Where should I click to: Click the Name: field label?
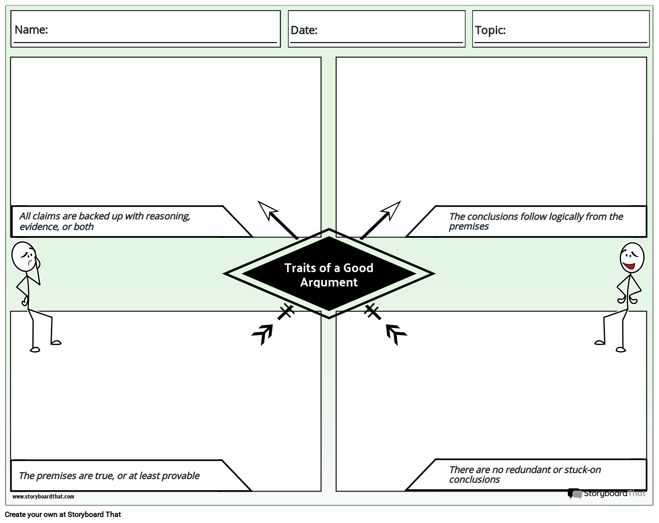(31, 30)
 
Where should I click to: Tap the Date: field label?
(304, 30)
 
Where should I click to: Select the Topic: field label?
(490, 30)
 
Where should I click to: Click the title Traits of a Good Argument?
(329, 275)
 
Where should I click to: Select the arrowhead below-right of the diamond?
(395, 333)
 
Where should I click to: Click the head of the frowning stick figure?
(24, 257)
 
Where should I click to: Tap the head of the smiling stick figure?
(631, 258)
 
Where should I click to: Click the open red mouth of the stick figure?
(629, 266)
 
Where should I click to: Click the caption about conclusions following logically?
(536, 221)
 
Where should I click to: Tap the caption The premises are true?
(109, 476)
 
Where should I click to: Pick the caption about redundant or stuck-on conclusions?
(524, 474)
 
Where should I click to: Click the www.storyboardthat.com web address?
(43, 497)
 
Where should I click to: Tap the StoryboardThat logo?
(606, 493)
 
